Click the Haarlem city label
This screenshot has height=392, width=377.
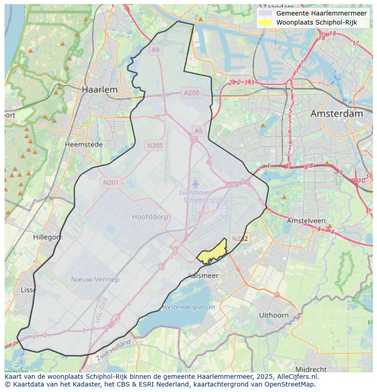[99, 90]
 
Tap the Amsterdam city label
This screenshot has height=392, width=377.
[336, 114]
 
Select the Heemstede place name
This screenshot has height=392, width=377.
[83, 144]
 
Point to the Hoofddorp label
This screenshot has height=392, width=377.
[150, 217]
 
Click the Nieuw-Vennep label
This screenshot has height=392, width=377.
[95, 279]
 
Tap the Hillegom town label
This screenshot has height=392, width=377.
[48, 237]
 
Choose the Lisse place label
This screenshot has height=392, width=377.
[29, 290]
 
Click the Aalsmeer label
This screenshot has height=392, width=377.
[203, 275]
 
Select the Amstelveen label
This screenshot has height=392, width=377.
[306, 220]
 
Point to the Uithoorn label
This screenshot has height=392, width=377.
[274, 315]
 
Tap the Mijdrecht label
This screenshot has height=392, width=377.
[311, 369]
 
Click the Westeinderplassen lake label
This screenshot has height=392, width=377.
[188, 307]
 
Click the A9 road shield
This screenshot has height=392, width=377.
[156, 50]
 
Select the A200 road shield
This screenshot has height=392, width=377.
[191, 93]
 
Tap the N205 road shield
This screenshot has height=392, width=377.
[155, 146]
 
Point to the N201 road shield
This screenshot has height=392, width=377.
[111, 183]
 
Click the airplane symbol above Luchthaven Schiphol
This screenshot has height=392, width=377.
[195, 184]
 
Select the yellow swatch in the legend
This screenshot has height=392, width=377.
[265, 22]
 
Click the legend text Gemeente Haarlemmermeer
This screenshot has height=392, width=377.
[321, 13]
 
